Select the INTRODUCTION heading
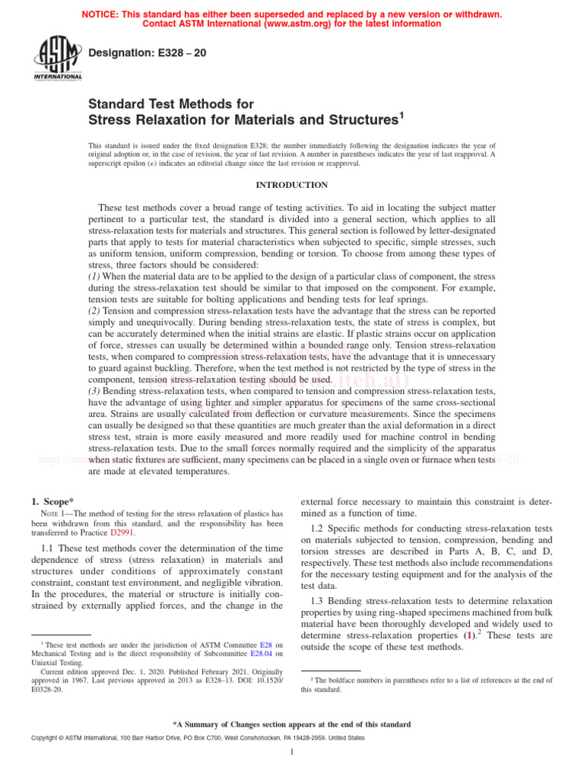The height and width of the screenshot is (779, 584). [291, 185]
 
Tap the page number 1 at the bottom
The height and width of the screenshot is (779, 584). [292, 752]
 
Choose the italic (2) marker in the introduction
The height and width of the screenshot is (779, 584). [94, 312]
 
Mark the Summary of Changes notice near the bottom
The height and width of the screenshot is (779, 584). [292, 724]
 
